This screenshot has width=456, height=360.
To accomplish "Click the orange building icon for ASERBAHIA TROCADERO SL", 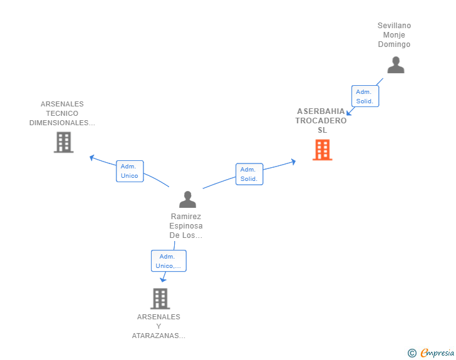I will (x=322, y=150).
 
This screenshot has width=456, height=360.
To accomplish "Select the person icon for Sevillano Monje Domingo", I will (x=395, y=65).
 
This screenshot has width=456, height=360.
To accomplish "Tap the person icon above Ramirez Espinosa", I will (x=187, y=200).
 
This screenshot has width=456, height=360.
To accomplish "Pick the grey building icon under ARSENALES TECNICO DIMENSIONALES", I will (x=63, y=143).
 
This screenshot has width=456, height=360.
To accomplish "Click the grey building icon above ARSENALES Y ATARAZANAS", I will (x=160, y=299).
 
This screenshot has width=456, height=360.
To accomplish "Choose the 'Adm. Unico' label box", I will (x=130, y=171).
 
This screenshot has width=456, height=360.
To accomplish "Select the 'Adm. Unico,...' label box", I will (x=168, y=261).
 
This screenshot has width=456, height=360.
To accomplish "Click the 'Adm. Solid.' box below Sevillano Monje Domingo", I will (x=365, y=96).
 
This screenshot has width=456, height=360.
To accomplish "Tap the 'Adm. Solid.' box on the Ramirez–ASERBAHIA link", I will (x=249, y=174).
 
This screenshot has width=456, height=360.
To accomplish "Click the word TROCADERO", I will (x=321, y=121).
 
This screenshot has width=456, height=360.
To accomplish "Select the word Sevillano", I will (x=394, y=26).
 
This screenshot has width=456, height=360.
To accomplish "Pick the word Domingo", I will (x=394, y=44).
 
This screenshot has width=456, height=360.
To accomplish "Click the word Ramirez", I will (x=186, y=217).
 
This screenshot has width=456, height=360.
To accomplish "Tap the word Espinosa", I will (x=186, y=226).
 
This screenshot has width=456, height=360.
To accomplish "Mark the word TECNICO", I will (x=62, y=113).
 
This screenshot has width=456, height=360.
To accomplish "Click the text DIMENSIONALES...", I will (x=62, y=123).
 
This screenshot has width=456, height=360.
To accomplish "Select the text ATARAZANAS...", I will (x=158, y=336).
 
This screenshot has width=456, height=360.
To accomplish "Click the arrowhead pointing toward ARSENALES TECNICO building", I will (x=92, y=157).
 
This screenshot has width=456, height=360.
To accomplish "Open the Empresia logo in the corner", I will (x=437, y=352).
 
